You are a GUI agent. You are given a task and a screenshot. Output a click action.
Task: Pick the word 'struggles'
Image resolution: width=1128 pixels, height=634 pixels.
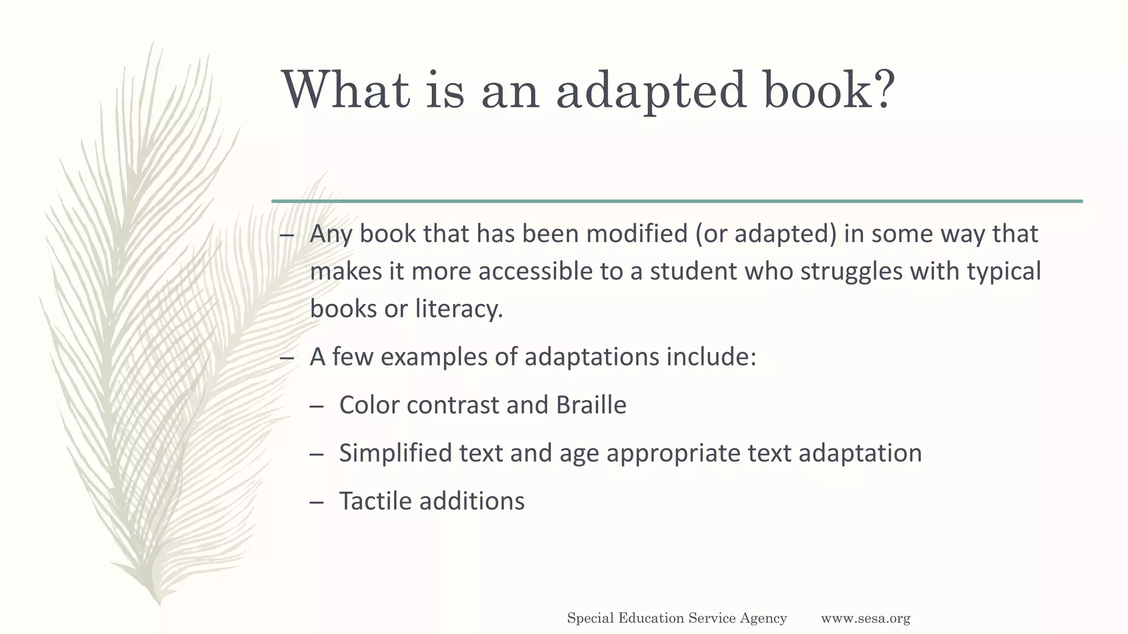pyautogui.click(x=851, y=271)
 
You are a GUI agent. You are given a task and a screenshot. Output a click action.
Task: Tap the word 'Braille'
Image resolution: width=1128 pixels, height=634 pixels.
pyautogui.click(x=591, y=405)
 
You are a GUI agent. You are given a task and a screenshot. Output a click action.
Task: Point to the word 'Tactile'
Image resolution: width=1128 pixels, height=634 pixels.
pyautogui.click(x=376, y=501)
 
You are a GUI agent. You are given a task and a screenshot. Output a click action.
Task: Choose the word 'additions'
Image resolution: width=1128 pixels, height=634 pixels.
pyautogui.click(x=472, y=501)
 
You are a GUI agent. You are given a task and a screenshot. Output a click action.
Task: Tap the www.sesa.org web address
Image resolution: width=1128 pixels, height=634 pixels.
pyautogui.click(x=865, y=619)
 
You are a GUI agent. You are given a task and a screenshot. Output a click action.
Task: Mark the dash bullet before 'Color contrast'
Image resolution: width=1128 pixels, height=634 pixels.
pyautogui.click(x=316, y=406)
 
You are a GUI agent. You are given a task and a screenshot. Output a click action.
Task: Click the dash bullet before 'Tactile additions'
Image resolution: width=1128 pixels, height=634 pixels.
pyautogui.click(x=316, y=502)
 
